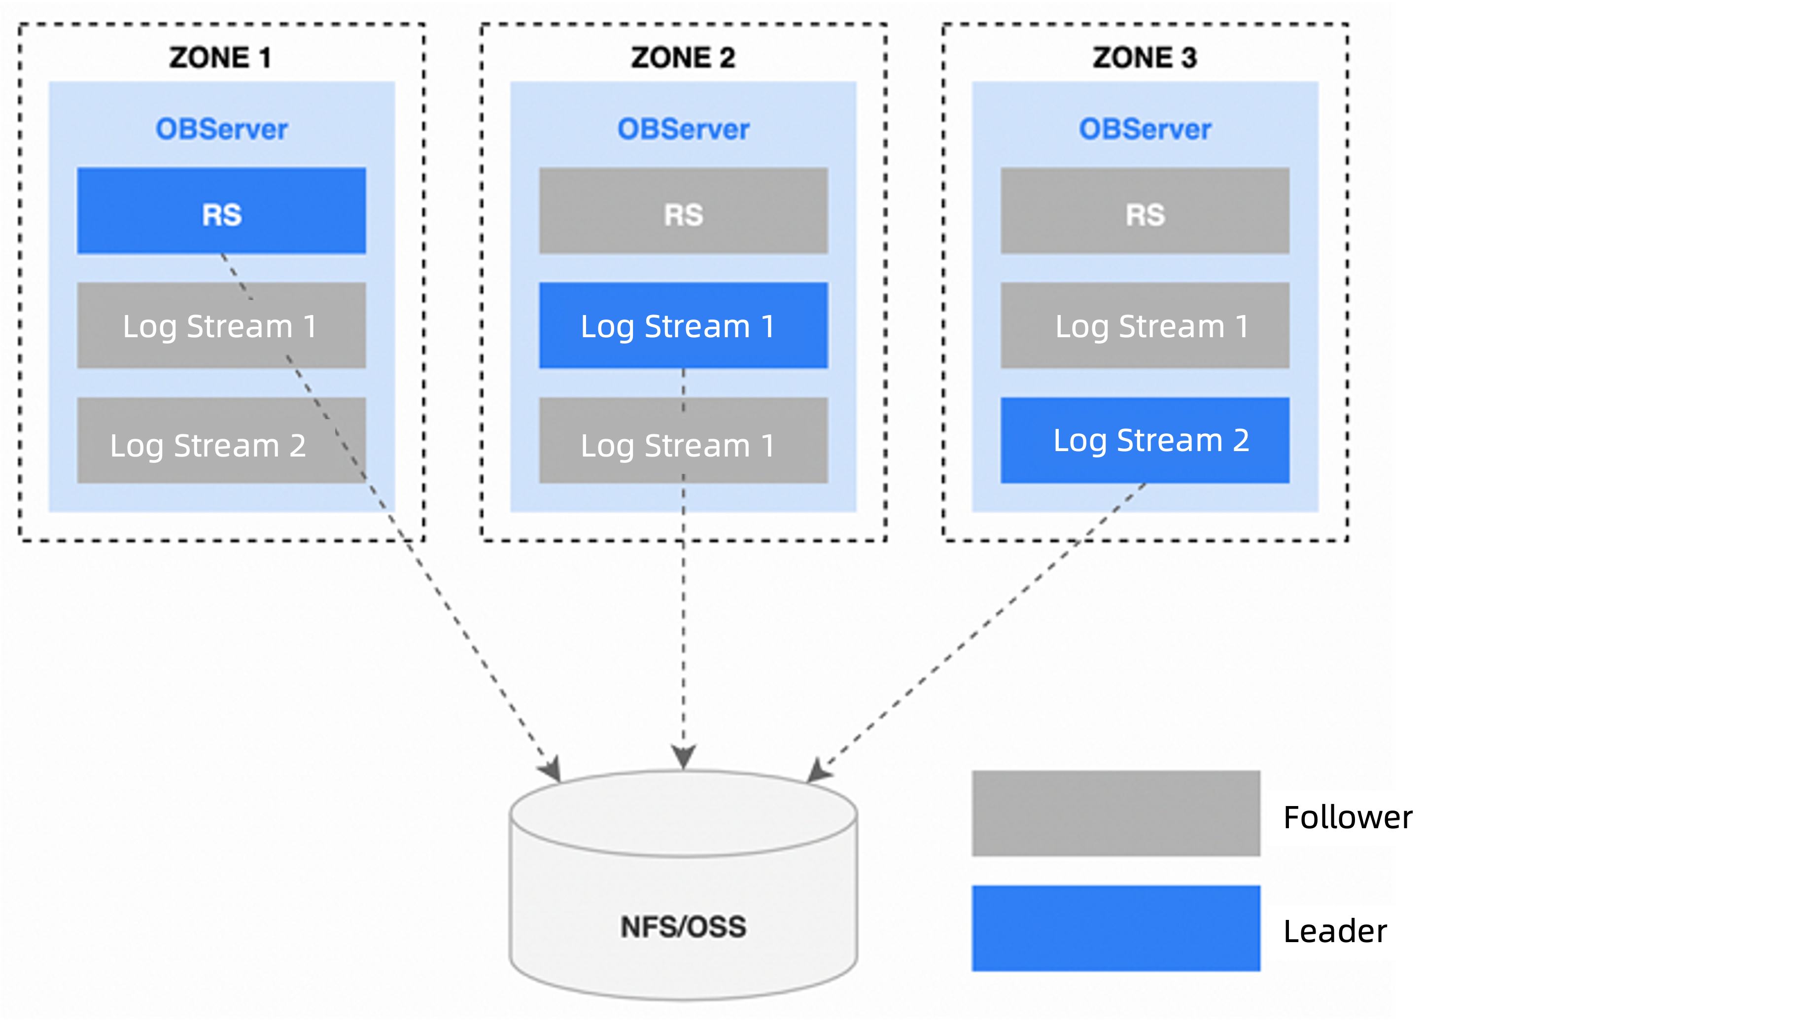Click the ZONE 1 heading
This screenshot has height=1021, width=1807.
[x=219, y=58]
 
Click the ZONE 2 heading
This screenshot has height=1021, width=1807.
[x=683, y=58]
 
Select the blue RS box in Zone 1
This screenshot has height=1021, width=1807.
[x=221, y=211]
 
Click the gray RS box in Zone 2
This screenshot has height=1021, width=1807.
[x=683, y=211]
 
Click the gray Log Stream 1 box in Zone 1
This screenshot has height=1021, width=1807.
[x=221, y=325]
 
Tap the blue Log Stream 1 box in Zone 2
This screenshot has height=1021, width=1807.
[x=683, y=325]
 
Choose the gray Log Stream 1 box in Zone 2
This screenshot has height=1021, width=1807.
[x=683, y=441]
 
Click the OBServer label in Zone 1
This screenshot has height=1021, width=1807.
[x=221, y=129]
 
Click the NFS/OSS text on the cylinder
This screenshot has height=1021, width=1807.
[x=683, y=927]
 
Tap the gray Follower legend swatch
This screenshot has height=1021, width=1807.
[x=1115, y=813]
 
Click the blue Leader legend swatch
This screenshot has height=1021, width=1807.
[x=1115, y=928]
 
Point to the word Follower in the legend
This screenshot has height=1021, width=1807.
[x=1347, y=817]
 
